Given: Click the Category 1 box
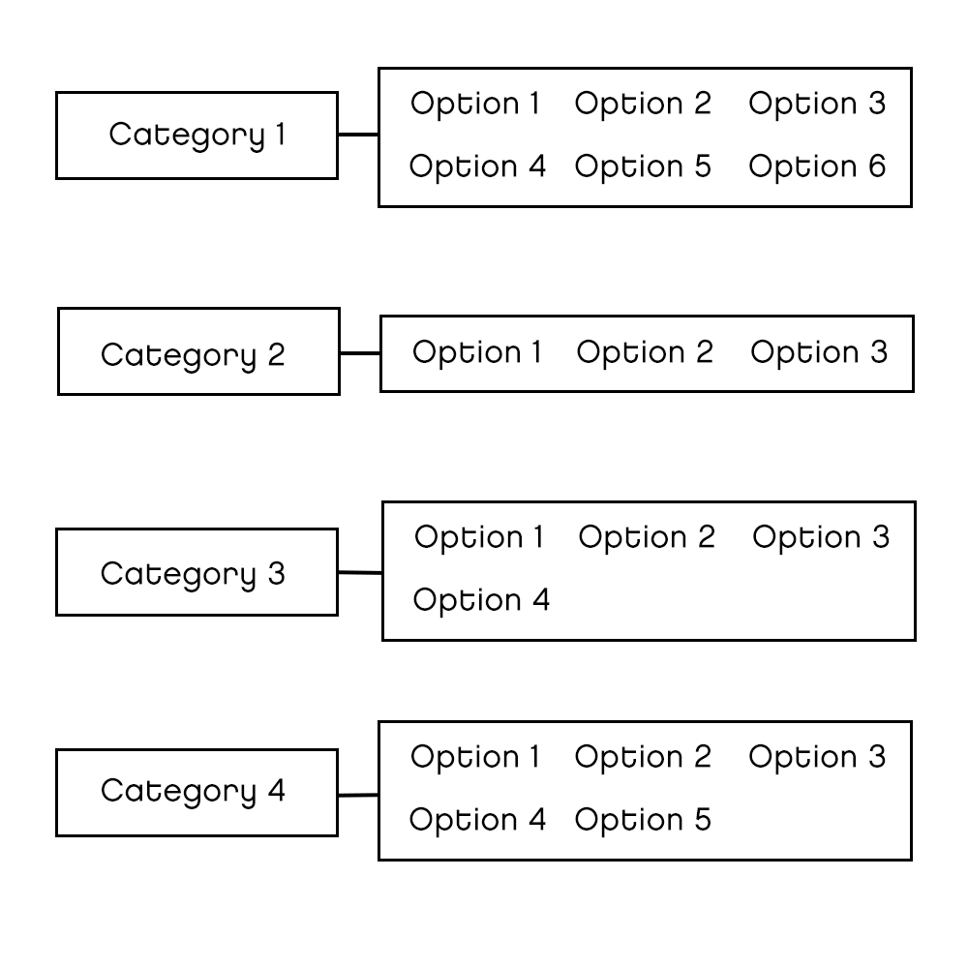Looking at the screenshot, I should (x=197, y=136).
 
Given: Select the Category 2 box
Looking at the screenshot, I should (x=198, y=351).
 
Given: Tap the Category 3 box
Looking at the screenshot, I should (x=197, y=572).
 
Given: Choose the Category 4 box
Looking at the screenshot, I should (x=197, y=792).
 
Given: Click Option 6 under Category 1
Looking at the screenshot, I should (x=817, y=166).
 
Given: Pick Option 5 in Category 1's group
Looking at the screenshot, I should (x=643, y=166).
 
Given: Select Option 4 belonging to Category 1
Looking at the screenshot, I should (x=477, y=166).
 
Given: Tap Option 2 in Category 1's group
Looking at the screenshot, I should (x=643, y=104).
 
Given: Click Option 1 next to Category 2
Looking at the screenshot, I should (x=477, y=352).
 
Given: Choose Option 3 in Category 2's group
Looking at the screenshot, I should (x=819, y=352).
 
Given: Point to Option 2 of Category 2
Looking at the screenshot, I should (x=645, y=352).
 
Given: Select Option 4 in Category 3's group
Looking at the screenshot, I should (x=481, y=600).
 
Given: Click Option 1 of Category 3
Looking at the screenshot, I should (x=479, y=537).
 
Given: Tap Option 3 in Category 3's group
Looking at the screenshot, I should (x=821, y=537).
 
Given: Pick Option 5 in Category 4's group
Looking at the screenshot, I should (x=643, y=820).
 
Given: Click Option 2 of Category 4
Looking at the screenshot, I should (x=643, y=757).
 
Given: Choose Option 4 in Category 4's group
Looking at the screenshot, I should (x=477, y=820).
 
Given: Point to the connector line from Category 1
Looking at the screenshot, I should (x=358, y=135).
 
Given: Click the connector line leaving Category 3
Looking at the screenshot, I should (x=360, y=573).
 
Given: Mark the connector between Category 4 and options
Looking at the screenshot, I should (x=358, y=795).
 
